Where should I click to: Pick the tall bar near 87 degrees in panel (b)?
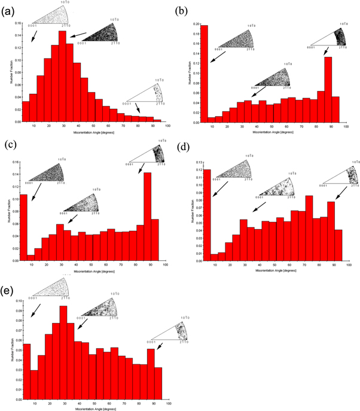[328, 89]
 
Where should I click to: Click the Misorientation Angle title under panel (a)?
[93, 131]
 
